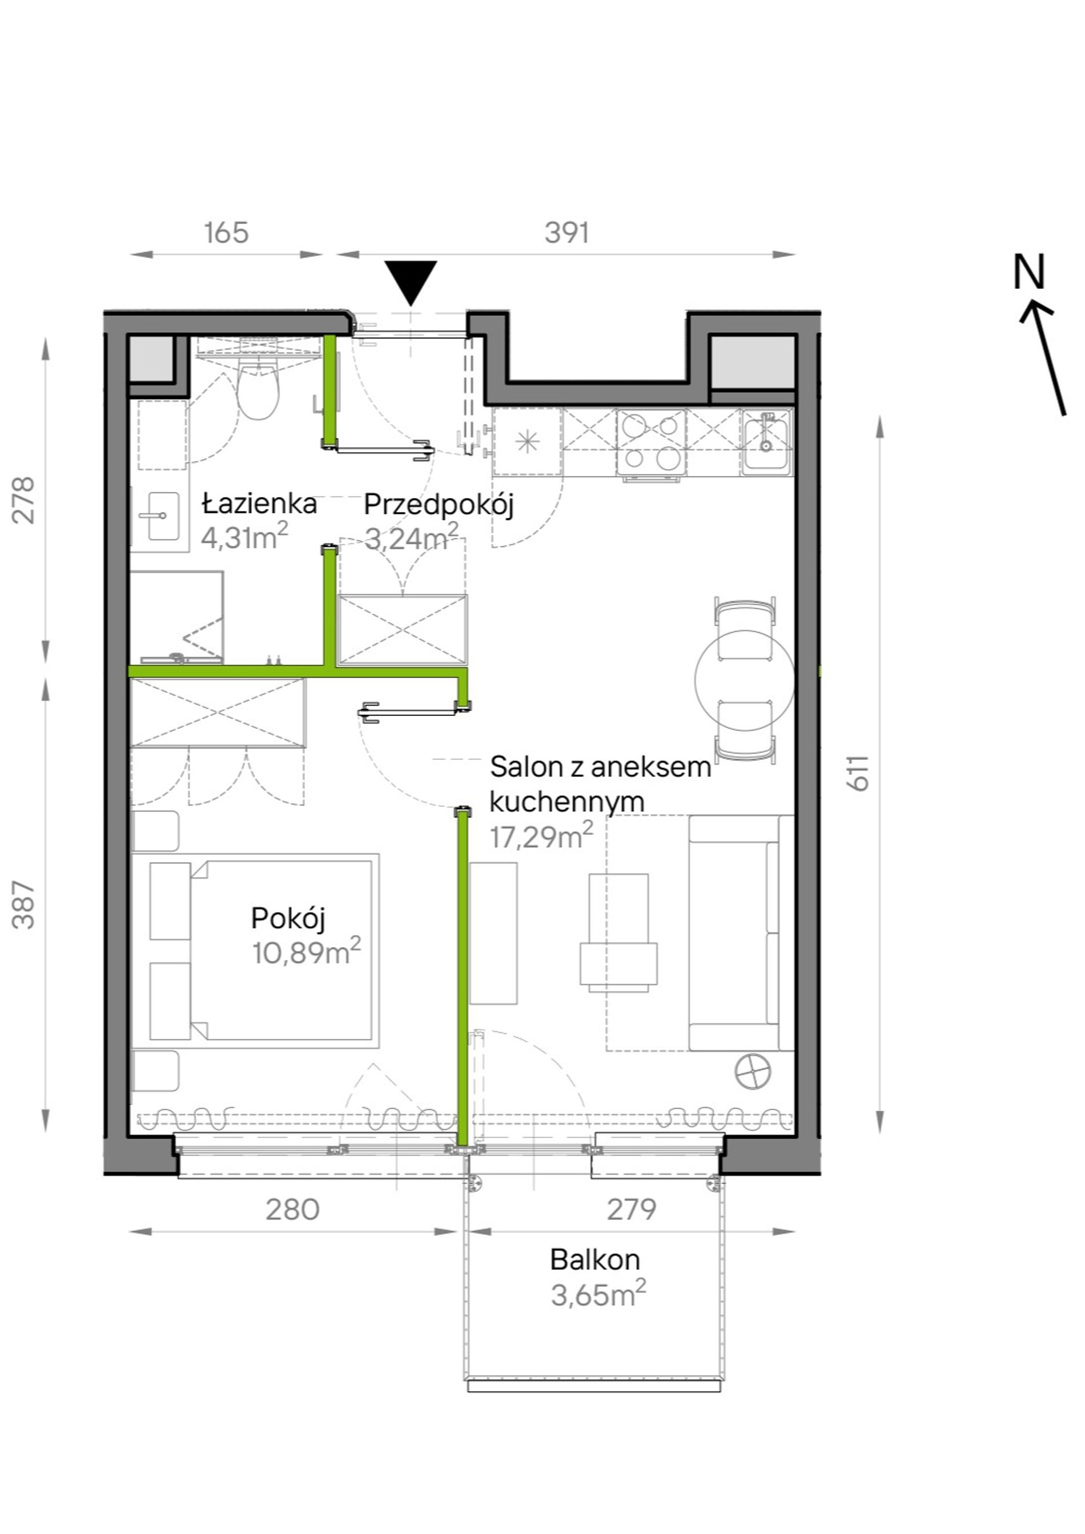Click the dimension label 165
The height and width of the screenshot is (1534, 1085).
(227, 233)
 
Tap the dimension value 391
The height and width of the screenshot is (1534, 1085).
(566, 233)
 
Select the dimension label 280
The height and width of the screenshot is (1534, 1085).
(292, 1209)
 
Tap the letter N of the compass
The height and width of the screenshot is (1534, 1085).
(1029, 272)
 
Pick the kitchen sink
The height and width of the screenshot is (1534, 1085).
(766, 441)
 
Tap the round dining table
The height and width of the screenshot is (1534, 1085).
(744, 680)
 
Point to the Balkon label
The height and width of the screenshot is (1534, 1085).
(594, 1260)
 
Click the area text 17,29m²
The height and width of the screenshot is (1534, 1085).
(541, 836)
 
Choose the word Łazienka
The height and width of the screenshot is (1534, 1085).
(259, 503)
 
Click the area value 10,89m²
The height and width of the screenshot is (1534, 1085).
(306, 952)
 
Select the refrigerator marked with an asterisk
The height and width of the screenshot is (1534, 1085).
(528, 442)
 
